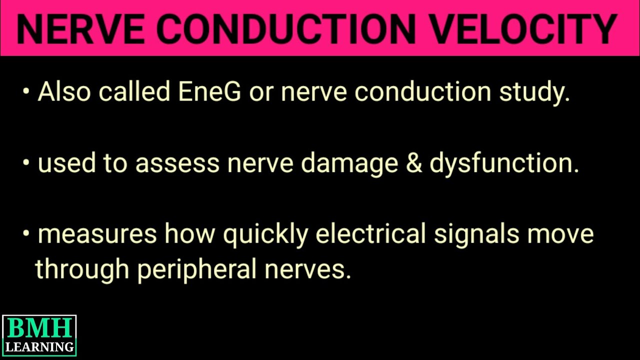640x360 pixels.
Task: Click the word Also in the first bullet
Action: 63,91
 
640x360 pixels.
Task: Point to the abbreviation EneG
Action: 209,91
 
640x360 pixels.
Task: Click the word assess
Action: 177,163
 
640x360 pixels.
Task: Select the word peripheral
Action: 196,270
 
